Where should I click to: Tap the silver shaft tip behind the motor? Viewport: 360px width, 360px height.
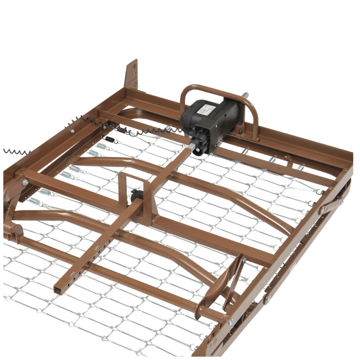coord(246,94)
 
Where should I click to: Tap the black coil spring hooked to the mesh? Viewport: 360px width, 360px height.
coord(110,139)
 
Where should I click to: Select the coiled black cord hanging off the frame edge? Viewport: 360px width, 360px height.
coord(15,152)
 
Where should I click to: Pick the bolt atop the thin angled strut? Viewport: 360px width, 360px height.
coord(244,260)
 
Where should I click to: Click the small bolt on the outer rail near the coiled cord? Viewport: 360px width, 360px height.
coord(72,132)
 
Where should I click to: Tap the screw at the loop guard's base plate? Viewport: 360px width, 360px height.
coord(241,132)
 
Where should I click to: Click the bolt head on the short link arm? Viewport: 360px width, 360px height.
coord(341,200)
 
